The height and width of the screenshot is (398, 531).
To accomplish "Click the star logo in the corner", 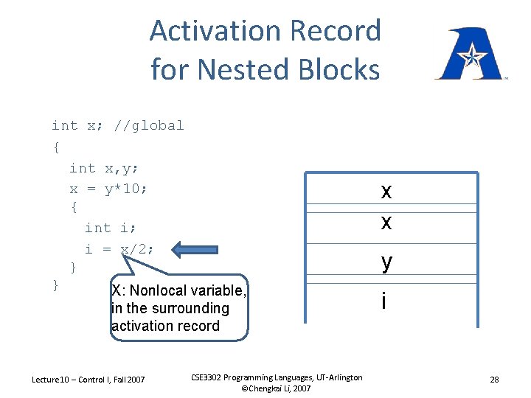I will tap(469, 54).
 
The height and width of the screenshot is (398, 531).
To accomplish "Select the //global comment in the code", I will tap(150, 126).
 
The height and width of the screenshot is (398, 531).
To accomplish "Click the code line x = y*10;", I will tap(108, 189).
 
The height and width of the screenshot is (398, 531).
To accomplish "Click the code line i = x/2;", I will tap(119, 249).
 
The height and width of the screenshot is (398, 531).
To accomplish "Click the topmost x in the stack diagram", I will tap(386, 192).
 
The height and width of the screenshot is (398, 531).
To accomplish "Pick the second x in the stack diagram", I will tap(386, 222).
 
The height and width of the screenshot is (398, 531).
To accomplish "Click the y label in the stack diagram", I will tap(386, 262).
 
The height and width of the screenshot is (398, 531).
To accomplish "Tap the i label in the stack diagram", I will tap(383, 301).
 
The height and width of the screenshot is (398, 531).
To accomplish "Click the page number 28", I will tap(494, 380).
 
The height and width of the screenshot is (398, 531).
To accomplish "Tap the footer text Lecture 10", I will tap(52, 380).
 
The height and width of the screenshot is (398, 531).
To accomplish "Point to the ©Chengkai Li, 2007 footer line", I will tap(276, 388).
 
